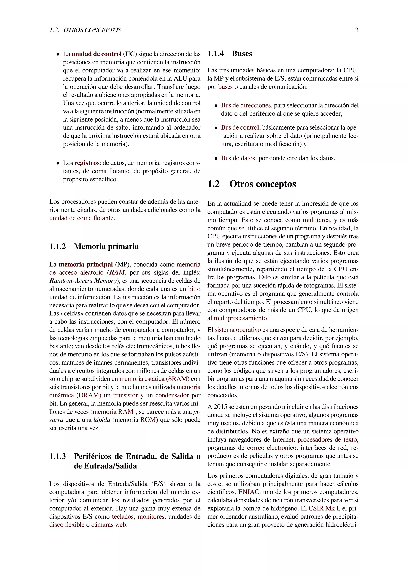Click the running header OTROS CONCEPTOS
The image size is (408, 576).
(x=92, y=30)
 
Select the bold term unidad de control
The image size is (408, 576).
(x=96, y=54)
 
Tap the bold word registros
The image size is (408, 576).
(x=87, y=163)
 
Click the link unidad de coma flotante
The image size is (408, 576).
(x=82, y=218)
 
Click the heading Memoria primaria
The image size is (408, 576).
(x=106, y=246)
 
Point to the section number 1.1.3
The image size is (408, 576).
(x=58, y=456)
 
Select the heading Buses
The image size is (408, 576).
(x=242, y=54)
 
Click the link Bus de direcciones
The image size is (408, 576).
(x=246, y=105)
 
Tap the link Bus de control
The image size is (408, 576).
(x=240, y=128)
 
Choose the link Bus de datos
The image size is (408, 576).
(x=238, y=158)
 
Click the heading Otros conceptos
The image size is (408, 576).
(x=263, y=184)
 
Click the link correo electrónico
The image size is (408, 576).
(x=272, y=448)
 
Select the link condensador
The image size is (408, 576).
(x=172, y=395)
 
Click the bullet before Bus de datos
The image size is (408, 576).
(x=216, y=159)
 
